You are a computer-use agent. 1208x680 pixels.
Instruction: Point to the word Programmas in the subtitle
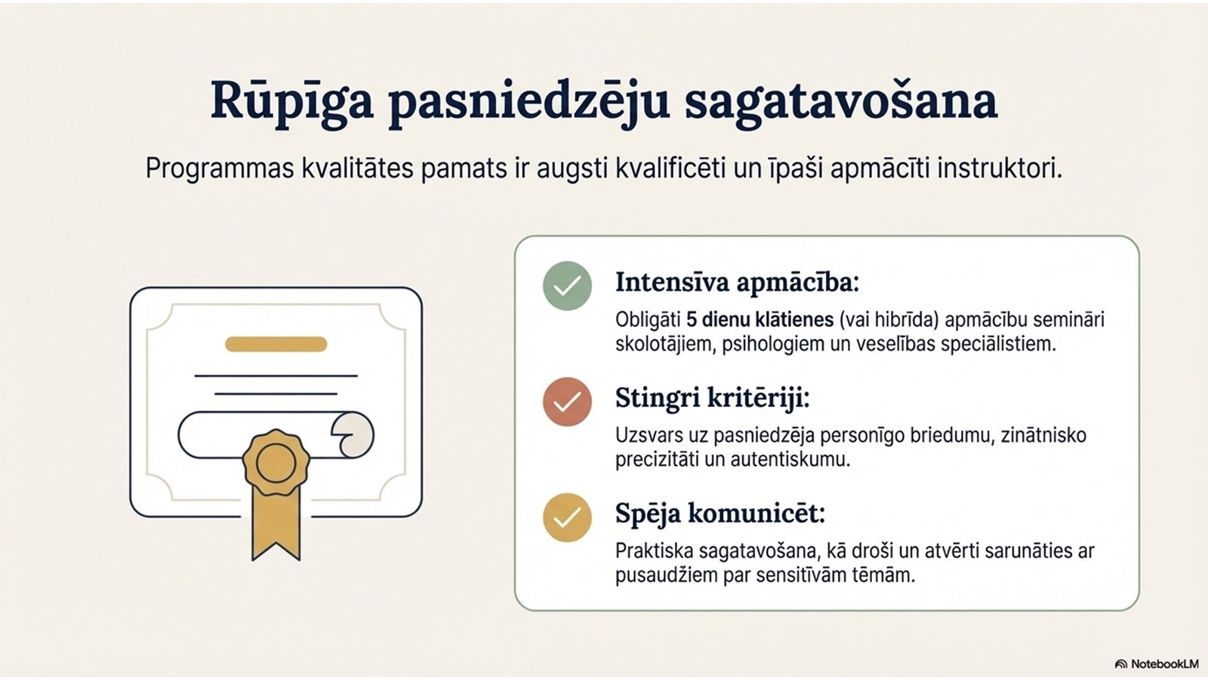tap(220, 170)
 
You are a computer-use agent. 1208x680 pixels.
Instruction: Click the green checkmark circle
tap(567, 286)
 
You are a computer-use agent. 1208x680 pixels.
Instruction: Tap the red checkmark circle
tap(567, 401)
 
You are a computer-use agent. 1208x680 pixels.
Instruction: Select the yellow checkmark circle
tap(567, 518)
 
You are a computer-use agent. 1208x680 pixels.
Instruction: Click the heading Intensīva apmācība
tap(737, 283)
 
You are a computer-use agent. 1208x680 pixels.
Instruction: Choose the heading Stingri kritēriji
tap(713, 399)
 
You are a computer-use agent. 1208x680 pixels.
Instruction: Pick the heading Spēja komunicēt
tap(720, 515)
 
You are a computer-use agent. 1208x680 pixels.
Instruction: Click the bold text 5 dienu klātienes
tap(760, 320)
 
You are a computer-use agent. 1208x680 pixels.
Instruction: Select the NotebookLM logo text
tap(1157, 664)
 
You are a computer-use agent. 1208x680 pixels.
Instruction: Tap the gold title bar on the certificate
tap(276, 344)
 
